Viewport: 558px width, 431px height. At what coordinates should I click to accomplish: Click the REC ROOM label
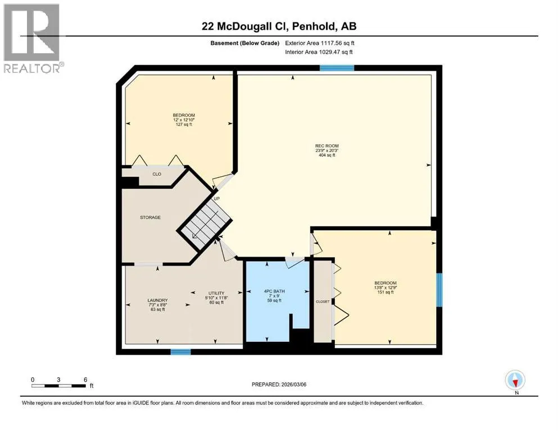(326, 146)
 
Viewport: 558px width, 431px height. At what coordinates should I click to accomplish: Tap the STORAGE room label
(150, 217)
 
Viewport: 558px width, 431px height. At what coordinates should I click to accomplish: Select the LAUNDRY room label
(157, 300)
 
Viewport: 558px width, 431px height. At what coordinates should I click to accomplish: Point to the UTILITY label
(216, 293)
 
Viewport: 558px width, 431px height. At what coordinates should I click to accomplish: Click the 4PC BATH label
(274, 291)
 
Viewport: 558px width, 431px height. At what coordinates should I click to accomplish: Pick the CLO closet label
(157, 174)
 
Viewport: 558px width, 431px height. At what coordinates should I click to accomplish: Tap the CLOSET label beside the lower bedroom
(323, 302)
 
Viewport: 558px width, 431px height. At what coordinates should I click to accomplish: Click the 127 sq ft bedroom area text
(184, 125)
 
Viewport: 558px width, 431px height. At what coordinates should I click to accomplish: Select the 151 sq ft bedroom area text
(385, 292)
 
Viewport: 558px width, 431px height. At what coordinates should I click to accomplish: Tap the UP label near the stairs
(217, 199)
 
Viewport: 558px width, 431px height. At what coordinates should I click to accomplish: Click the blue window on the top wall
(337, 68)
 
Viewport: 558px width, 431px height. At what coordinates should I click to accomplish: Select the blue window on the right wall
(439, 290)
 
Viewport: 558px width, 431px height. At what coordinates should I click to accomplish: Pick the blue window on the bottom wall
(181, 352)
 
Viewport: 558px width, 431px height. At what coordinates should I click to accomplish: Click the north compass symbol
(515, 380)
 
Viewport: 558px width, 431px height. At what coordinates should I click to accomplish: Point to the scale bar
(58, 386)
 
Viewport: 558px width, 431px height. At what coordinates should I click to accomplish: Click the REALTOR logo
(33, 38)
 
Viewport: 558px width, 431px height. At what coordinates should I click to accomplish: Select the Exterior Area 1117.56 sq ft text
(320, 43)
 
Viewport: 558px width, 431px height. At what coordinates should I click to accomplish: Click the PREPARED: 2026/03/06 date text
(279, 384)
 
